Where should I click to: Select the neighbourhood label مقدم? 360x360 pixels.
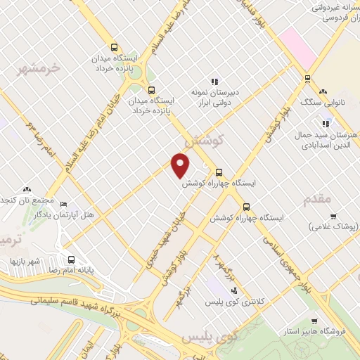pos(317,200)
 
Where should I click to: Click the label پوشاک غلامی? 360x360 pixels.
pos(334,227)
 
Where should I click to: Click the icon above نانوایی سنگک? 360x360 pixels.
pos(323,92)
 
